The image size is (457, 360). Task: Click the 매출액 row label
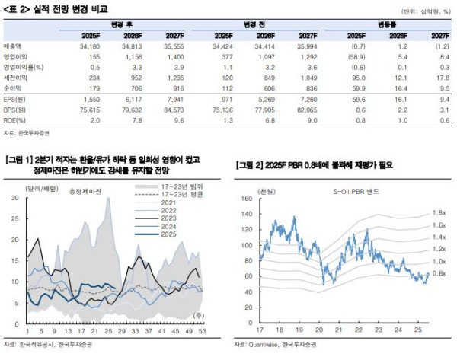[x=14, y=47]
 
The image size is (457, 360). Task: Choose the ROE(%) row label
[x=16, y=121]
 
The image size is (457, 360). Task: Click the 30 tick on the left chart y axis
[x=14, y=198]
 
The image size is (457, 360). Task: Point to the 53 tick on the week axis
[x=201, y=332]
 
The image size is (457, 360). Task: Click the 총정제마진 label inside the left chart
[x=85, y=192]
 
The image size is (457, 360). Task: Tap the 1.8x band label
[x=439, y=212]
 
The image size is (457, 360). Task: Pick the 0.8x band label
[x=439, y=272]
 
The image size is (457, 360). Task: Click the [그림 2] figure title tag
[x=248, y=164]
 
